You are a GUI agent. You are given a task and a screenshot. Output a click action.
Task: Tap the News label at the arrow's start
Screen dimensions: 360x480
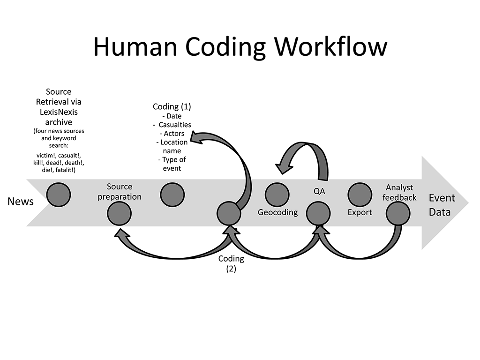[x=21, y=202]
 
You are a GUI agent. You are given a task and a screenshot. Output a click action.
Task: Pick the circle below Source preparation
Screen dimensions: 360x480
[x=119, y=214]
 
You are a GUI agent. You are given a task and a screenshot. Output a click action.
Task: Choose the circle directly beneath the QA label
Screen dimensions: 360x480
[x=318, y=214]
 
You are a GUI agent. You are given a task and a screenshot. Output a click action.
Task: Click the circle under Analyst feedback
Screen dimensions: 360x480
[x=398, y=214]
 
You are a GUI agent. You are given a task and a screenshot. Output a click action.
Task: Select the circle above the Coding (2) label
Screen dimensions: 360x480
[x=229, y=214]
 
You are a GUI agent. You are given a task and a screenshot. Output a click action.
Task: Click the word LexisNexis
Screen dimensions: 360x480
[x=59, y=112]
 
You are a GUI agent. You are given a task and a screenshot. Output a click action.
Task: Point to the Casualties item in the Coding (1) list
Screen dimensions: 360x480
[x=174, y=125]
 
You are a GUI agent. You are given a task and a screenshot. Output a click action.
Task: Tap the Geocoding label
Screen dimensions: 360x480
[x=277, y=212]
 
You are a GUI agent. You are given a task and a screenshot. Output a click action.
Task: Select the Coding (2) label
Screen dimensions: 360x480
[x=231, y=263]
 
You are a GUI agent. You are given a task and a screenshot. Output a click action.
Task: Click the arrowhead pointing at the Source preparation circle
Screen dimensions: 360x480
[x=120, y=232]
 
